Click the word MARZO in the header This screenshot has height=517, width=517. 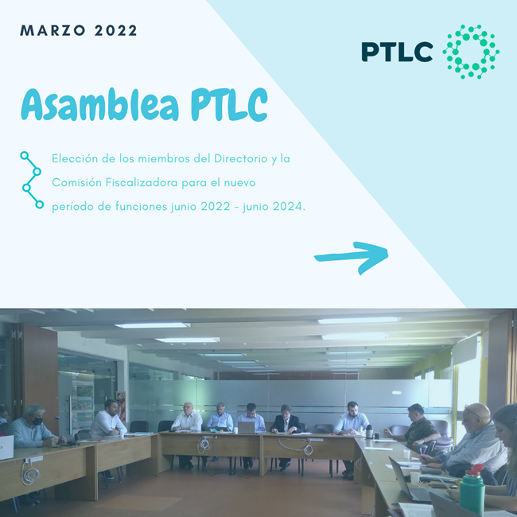tap(52, 31)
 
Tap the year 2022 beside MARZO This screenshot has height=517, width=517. tap(115, 31)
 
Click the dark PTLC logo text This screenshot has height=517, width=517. tap(397, 52)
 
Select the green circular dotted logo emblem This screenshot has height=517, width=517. tap(471, 52)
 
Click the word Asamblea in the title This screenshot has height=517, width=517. tap(100, 105)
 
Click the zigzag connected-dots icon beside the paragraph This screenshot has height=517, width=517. tap(32, 180)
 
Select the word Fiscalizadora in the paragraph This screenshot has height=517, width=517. tap(142, 182)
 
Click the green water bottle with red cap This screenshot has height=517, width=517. tap(472, 490)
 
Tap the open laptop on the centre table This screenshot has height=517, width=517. tap(247, 427)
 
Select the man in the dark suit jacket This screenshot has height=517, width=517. tap(286, 422)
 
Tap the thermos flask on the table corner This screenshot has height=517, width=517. tap(369, 431)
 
